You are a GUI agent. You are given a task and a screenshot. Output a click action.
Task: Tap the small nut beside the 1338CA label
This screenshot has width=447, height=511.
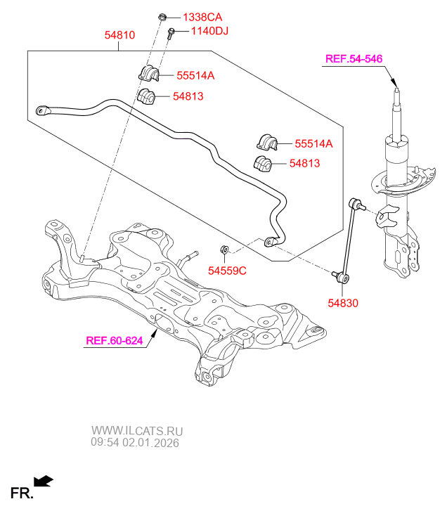tap(162, 15)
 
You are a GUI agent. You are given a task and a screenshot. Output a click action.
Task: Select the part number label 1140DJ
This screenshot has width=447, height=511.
tap(202, 31)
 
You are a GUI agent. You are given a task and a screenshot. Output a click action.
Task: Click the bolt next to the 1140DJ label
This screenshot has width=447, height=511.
tap(171, 33)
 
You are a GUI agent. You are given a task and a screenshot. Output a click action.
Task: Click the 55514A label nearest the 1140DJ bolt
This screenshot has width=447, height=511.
tap(195, 75)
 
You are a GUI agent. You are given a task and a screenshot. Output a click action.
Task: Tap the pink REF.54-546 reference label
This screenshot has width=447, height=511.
tap(354, 58)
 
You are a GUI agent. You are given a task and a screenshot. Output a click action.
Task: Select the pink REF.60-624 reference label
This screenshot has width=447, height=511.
tap(114, 341)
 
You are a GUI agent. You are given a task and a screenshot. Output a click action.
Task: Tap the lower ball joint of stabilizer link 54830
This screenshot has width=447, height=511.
tap(342, 278)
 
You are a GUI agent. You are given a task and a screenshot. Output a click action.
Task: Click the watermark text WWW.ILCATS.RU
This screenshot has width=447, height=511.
tap(137, 431)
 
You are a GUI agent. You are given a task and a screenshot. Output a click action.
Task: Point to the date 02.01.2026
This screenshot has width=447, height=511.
tap(151, 444)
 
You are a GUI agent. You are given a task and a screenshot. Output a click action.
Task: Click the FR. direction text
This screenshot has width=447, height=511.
tap(21, 493)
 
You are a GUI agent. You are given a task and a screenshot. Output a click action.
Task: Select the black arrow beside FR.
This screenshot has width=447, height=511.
tap(44, 481)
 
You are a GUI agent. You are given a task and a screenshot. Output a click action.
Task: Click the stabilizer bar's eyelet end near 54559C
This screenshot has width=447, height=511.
tap(270, 242)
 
